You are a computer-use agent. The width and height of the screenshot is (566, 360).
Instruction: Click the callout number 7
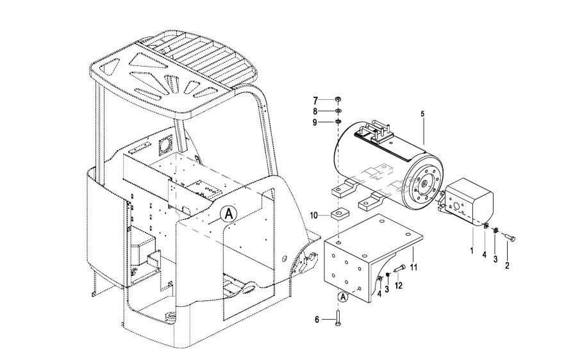point(315,100)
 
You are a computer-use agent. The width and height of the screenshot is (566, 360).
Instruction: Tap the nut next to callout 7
point(338,99)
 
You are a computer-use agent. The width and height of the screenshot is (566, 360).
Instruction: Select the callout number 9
point(315,122)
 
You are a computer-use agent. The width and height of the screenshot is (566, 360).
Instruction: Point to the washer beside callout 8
point(338,111)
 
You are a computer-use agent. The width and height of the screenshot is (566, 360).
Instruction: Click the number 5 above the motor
point(422,114)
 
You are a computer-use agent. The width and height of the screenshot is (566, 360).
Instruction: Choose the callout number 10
point(313,216)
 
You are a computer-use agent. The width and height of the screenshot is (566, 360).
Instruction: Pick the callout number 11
point(413,267)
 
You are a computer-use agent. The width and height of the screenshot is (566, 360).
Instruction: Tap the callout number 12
point(398,286)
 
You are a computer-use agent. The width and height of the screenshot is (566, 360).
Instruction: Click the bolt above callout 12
point(399,268)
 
